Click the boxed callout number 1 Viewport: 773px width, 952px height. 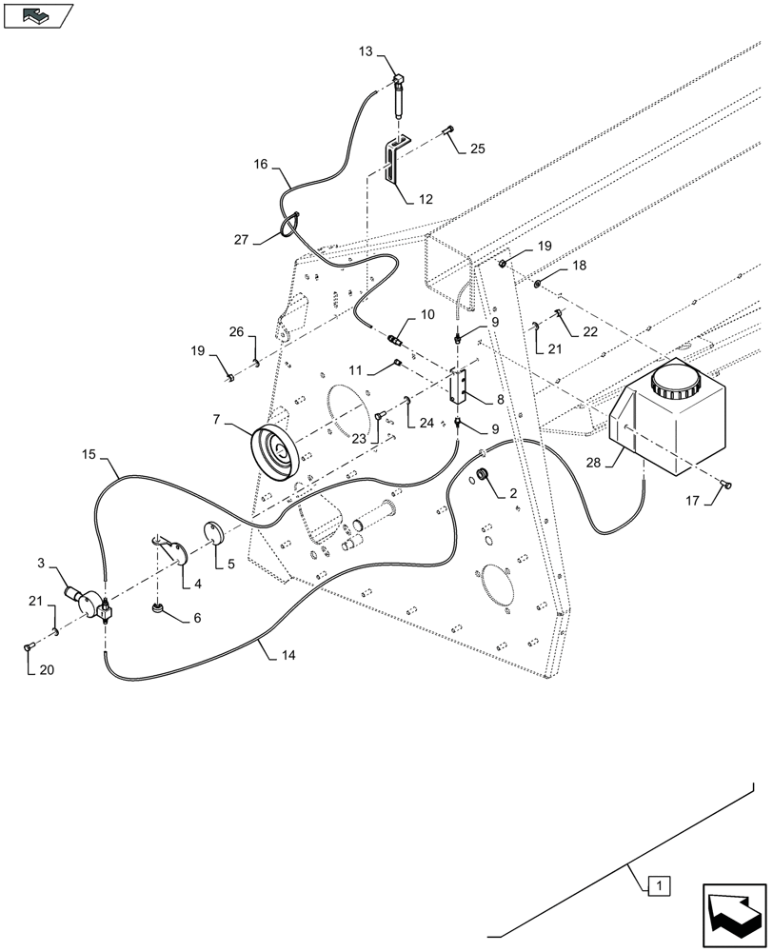pos(660,886)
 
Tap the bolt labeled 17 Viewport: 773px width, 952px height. pos(728,486)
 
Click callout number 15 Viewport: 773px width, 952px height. pos(89,457)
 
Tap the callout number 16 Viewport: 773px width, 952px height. pos(260,164)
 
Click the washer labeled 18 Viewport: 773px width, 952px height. pos(539,282)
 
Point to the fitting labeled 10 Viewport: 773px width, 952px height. pos(396,335)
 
